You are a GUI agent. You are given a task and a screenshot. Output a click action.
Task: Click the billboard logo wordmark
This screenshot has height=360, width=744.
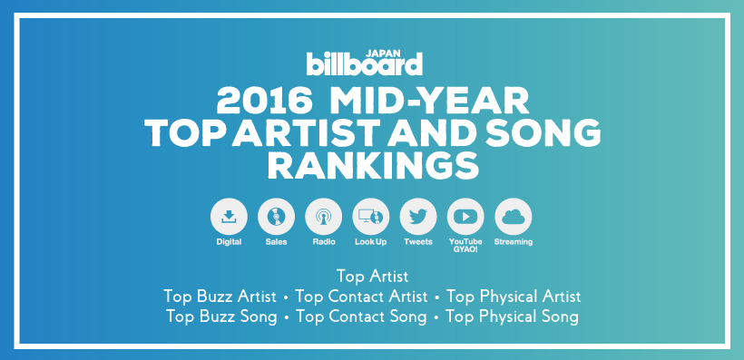(365, 64)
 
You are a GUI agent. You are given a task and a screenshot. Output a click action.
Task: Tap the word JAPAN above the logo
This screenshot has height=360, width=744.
(384, 54)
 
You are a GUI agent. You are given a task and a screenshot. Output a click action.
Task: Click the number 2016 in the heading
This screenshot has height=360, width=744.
(265, 102)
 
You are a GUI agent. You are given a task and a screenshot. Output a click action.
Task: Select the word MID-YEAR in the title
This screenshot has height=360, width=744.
(429, 102)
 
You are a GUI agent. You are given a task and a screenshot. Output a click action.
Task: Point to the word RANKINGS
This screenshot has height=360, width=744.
(373, 166)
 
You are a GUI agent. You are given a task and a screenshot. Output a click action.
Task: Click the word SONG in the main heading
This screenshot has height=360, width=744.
(544, 133)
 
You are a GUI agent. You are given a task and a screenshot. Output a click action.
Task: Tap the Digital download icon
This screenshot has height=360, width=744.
(229, 217)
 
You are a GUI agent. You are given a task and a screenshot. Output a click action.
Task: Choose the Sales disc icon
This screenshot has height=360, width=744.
(276, 217)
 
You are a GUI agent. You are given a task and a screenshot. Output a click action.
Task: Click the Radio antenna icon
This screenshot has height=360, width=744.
(324, 217)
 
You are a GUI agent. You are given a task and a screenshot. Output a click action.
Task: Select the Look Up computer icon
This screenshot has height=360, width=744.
(371, 217)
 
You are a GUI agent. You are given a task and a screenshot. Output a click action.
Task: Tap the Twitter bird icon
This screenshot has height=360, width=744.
(418, 217)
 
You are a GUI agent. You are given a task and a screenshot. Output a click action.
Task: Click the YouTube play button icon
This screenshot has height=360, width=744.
(465, 217)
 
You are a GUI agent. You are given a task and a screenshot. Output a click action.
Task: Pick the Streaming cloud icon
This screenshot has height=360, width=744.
(513, 217)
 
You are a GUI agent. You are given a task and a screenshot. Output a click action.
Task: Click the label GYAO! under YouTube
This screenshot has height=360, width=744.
(465, 249)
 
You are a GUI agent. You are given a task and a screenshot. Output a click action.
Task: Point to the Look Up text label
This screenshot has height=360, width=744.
(371, 242)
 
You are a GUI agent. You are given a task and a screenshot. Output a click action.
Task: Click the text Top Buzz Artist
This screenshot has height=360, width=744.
(220, 297)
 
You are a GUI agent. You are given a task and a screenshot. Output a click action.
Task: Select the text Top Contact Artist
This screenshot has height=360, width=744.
(361, 297)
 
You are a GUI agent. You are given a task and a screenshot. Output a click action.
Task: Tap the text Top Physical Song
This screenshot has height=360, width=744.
(512, 316)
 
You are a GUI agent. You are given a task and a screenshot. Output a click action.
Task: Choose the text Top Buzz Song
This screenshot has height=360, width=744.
(221, 316)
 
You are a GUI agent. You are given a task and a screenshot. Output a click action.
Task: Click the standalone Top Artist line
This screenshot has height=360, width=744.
(373, 276)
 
